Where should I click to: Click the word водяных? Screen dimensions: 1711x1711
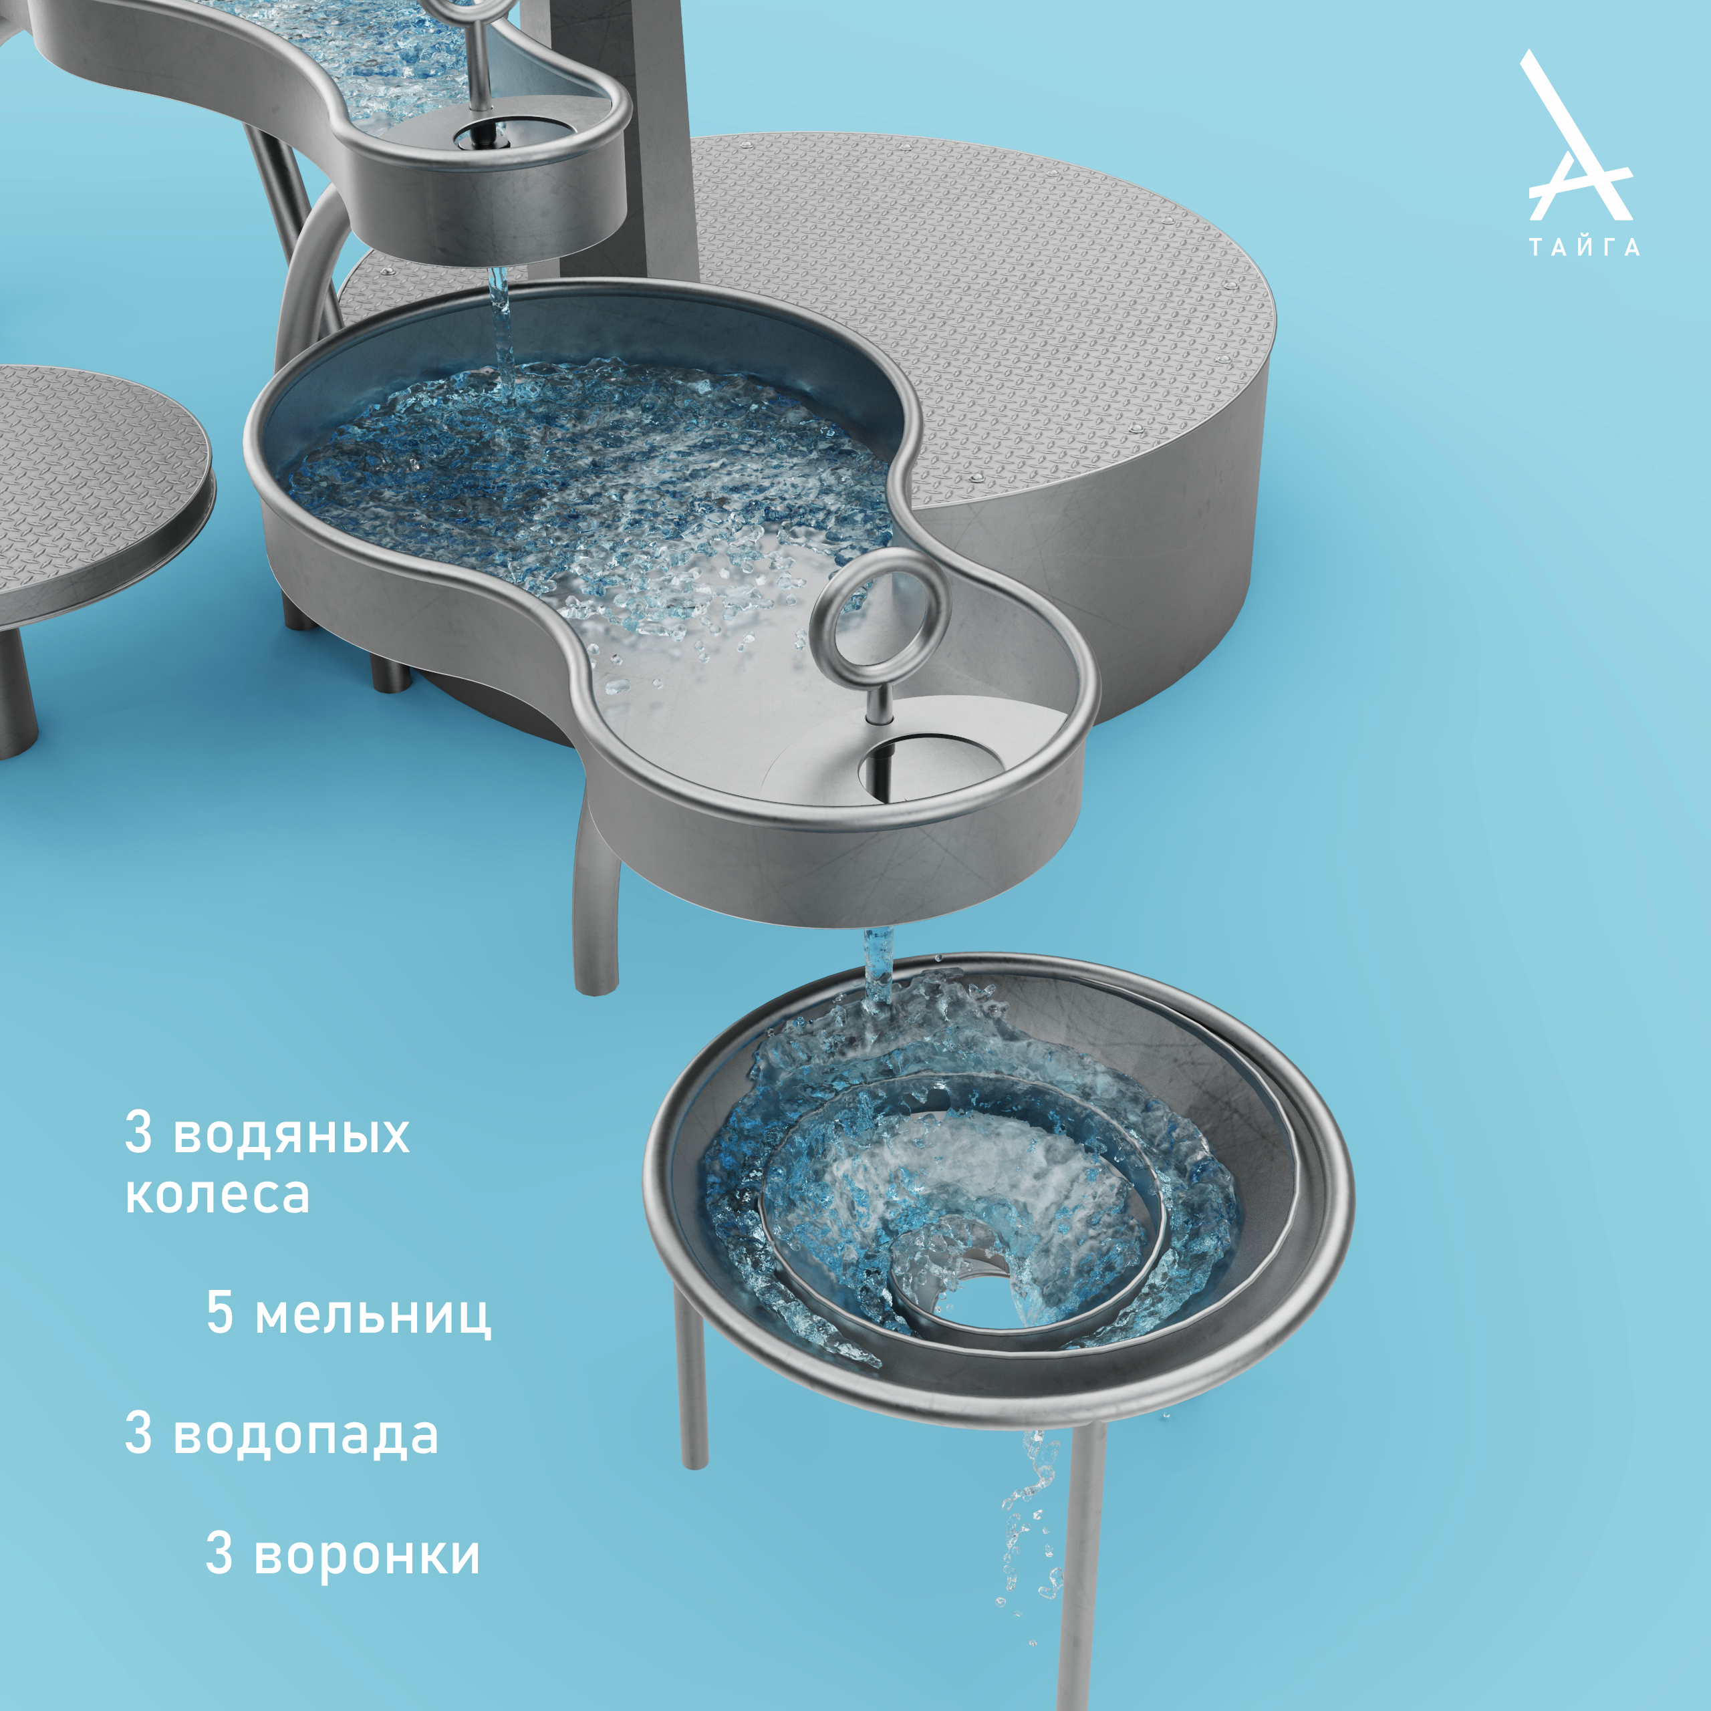[x=291, y=1134]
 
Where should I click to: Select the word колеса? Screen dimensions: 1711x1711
[x=218, y=1194]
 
